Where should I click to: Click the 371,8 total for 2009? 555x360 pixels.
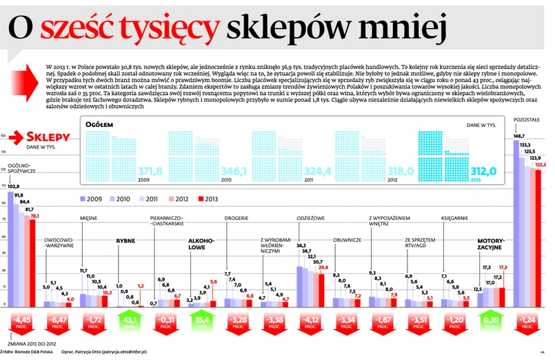tap(150, 170)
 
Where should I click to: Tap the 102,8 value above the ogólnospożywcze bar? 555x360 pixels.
tap(14, 186)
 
